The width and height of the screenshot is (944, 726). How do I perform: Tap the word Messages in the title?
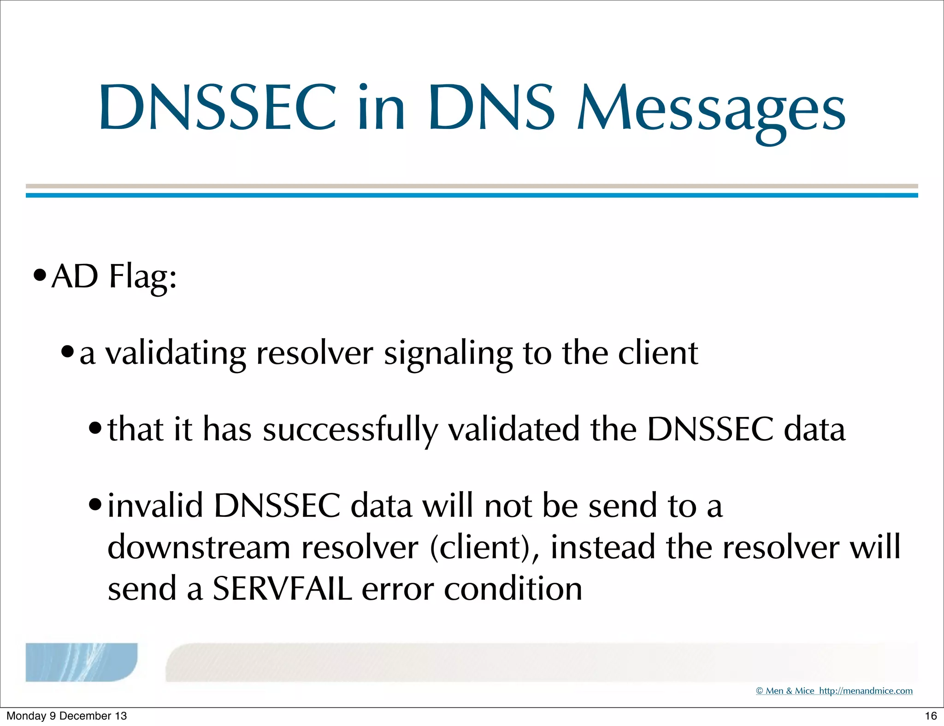711,111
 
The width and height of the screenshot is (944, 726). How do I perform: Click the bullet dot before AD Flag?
40,276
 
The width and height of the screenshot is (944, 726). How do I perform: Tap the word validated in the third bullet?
513,429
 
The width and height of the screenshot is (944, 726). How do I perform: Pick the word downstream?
199,547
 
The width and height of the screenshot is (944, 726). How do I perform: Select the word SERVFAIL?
282,589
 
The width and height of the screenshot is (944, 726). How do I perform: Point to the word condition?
513,589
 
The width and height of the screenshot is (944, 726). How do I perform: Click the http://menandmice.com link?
866,691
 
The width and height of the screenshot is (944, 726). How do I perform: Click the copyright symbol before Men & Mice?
760,691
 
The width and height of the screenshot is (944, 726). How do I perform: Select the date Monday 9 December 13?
66,716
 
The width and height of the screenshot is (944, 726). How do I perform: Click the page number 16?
931,716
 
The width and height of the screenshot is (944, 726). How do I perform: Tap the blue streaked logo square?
81,662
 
